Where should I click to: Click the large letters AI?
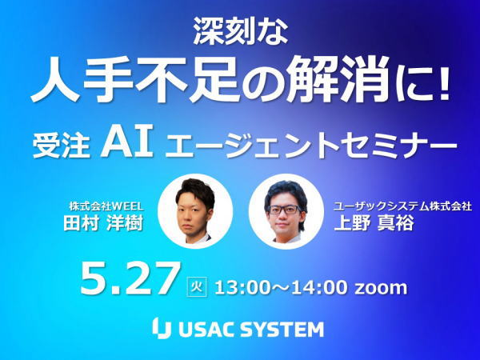[x=127, y=143]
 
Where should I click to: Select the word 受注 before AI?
[x=62, y=146]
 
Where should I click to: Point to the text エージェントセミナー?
[x=311, y=146]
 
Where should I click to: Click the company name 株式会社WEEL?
[x=106, y=206]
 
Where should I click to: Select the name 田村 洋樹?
[x=103, y=222]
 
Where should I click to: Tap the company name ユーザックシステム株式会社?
[x=402, y=206]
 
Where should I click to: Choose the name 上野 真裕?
[x=374, y=222]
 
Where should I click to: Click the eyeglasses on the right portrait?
[x=284, y=210]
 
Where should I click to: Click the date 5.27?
[x=129, y=279]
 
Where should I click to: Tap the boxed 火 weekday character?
[x=197, y=286]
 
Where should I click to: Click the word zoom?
[x=381, y=288]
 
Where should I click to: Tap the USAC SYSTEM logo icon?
[x=162, y=328]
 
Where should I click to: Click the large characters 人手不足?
[x=134, y=80]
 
